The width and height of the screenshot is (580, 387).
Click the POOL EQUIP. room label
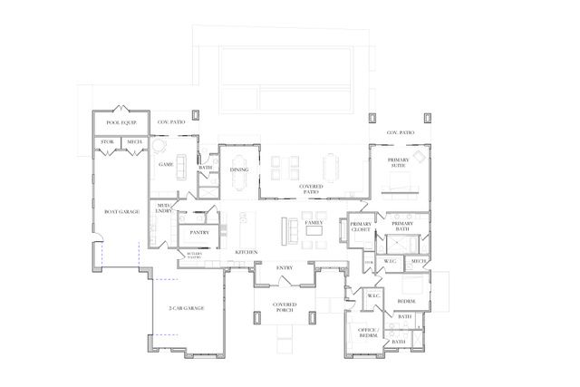click(121, 121)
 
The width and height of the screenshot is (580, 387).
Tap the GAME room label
click(166, 165)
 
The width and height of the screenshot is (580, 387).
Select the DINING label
click(239, 169)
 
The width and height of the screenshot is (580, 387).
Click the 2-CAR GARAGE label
click(186, 308)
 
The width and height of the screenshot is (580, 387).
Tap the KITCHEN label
click(246, 251)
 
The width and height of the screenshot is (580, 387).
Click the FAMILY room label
click(314, 222)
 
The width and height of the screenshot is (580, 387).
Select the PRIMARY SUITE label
click(398, 163)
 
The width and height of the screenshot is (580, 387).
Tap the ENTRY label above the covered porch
click(285, 267)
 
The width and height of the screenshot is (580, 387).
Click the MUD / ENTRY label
click(164, 208)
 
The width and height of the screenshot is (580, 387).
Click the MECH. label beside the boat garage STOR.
click(133, 142)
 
